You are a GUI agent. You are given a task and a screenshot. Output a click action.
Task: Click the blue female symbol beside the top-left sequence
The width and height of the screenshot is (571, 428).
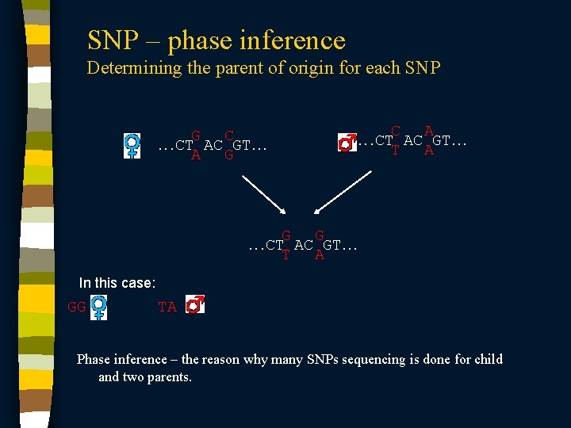pos(132,145)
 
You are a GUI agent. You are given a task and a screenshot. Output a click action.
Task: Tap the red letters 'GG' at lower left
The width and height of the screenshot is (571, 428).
pos(77,308)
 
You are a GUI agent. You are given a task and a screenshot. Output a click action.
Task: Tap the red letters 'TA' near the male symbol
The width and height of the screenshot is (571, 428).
pos(167,308)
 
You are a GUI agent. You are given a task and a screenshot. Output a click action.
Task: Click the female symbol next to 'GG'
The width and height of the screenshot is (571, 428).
pos(99,308)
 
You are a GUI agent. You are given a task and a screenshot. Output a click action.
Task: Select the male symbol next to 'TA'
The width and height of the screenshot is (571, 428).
pos(195,304)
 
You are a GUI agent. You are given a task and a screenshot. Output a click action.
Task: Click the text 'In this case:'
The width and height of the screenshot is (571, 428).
pos(117,283)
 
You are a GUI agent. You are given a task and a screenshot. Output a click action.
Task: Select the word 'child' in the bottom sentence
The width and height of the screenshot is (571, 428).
pos(486,360)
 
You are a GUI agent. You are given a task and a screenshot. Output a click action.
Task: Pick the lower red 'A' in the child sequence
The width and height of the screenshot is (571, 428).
pos(319,255)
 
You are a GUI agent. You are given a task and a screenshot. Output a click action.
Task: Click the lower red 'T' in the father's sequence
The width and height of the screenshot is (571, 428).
pos(396,151)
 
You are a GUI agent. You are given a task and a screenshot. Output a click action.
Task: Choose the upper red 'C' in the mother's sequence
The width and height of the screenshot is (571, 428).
pos(228,136)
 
